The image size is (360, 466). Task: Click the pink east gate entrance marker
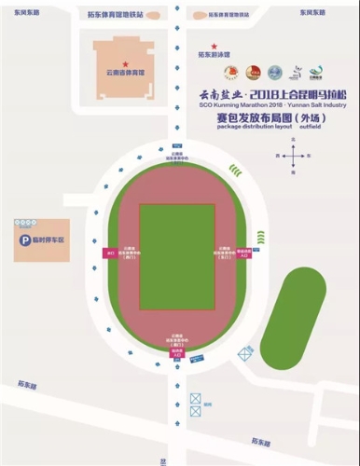pos(246,253)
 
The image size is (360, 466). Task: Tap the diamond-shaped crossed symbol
pos(245,353)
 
